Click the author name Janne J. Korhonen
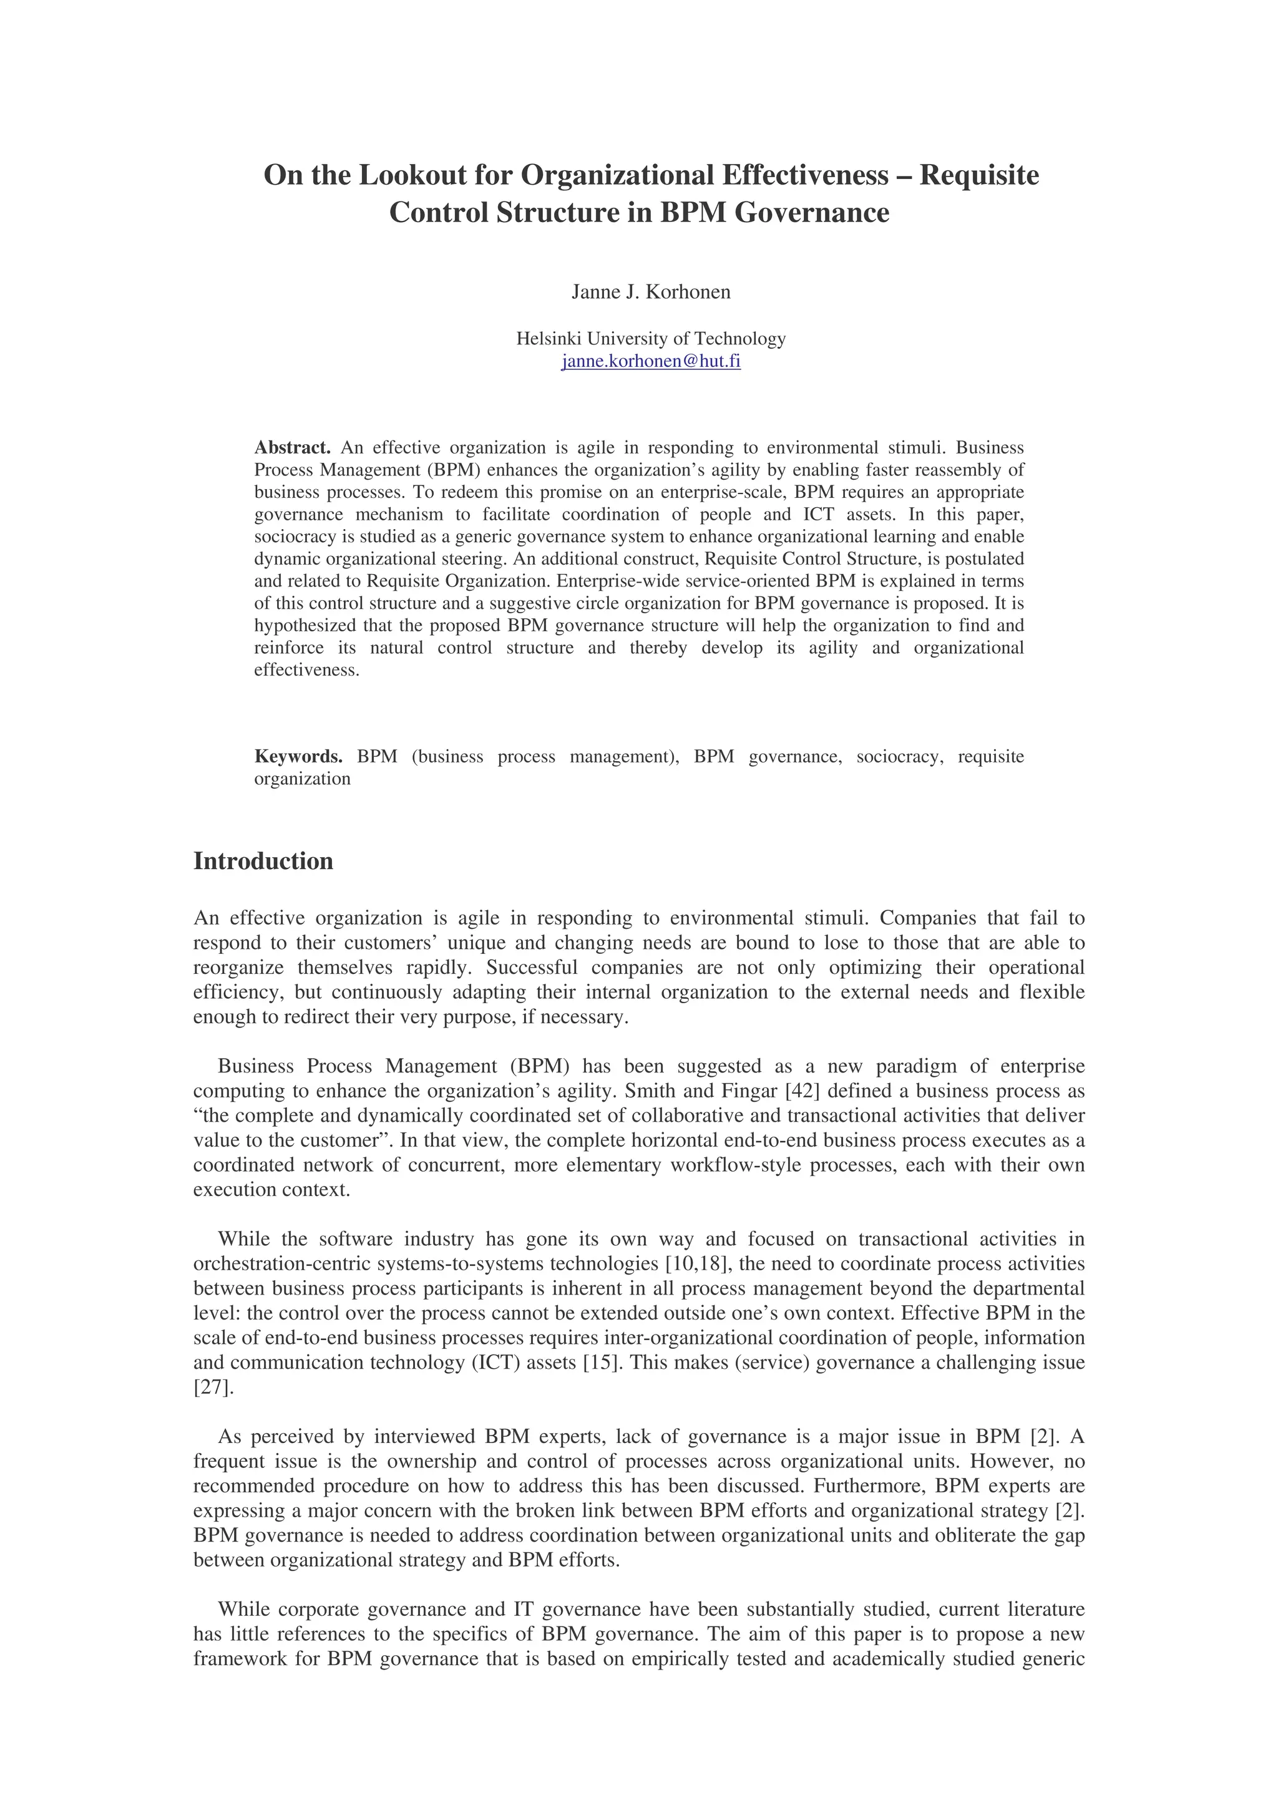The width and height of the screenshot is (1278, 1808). tap(650, 292)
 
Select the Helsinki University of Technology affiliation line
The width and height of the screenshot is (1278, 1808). tap(650, 339)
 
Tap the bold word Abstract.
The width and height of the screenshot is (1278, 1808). tap(292, 447)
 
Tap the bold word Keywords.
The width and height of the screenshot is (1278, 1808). tap(298, 757)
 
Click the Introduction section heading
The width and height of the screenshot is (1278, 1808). tap(263, 861)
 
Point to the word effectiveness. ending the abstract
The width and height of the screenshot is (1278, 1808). tap(306, 670)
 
